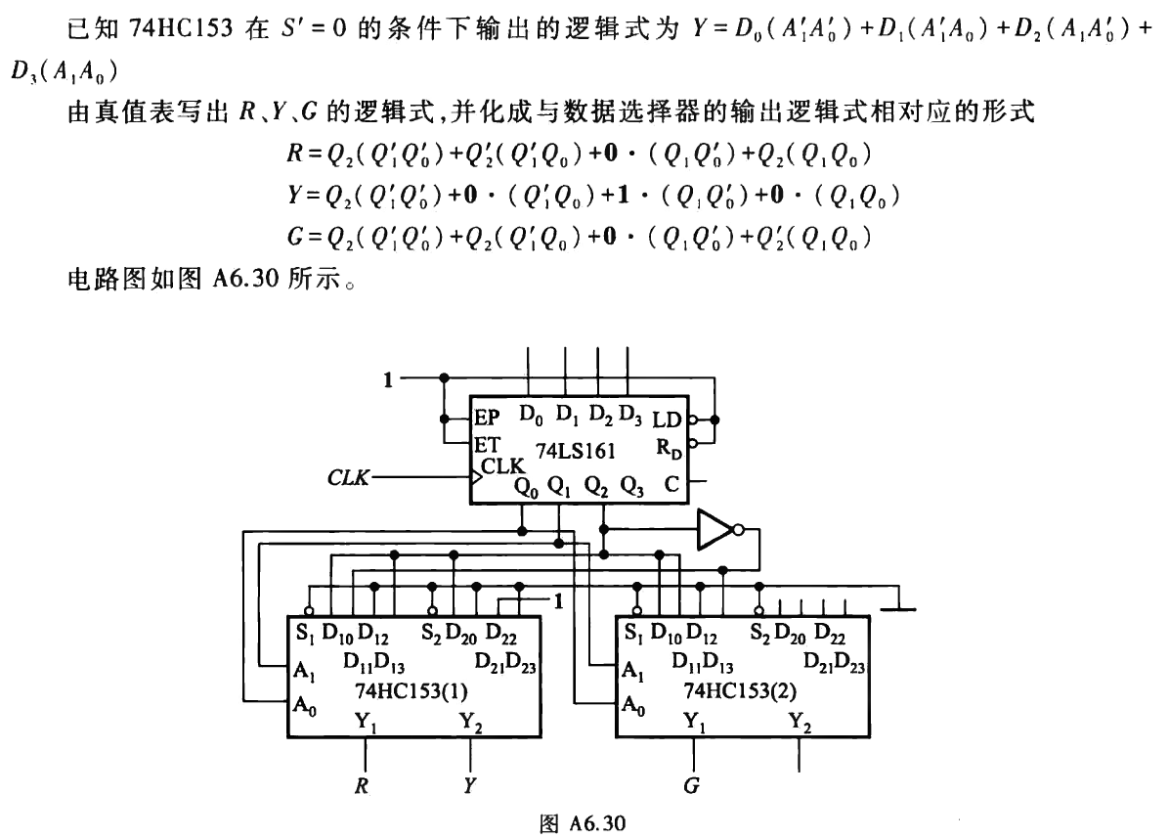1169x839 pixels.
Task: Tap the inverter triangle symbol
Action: pyautogui.click(x=717, y=531)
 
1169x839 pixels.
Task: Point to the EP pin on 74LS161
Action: pyautogui.click(x=488, y=419)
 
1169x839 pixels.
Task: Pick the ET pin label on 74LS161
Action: pyautogui.click(x=486, y=444)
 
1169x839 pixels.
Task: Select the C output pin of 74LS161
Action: pyautogui.click(x=671, y=481)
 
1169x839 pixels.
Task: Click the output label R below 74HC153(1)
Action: pyautogui.click(x=363, y=784)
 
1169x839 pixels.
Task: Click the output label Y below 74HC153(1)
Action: pyautogui.click(x=470, y=784)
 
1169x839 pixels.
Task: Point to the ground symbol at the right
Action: pyautogui.click(x=898, y=608)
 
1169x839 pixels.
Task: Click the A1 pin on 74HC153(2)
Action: pyautogui.click(x=632, y=672)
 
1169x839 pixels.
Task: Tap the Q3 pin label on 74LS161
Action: pyautogui.click(x=632, y=484)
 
